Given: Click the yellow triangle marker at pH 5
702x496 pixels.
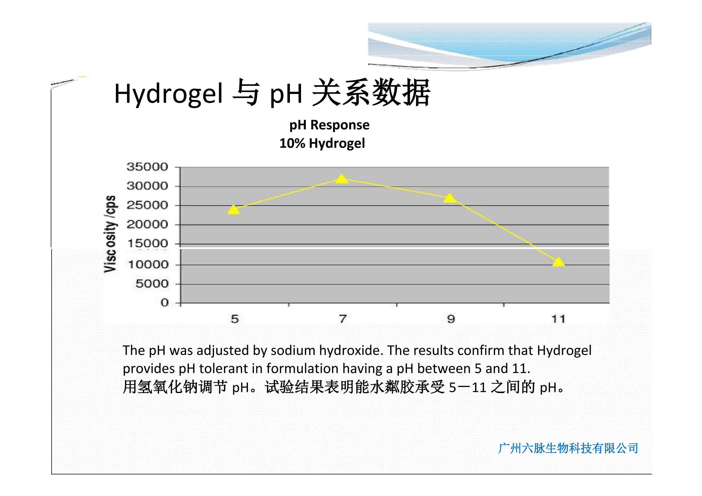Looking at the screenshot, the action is (233, 210).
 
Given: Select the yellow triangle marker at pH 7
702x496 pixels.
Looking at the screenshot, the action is (342, 179).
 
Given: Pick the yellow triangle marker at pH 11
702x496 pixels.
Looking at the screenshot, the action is (559, 262).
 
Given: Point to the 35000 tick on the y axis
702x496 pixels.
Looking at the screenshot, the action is (147, 167).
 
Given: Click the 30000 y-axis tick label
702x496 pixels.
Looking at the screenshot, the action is (147, 186).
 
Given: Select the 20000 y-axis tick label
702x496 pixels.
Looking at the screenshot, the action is (147, 225).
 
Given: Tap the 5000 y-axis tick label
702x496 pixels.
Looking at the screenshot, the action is (152, 284).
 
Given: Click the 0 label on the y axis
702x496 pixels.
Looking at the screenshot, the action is (165, 303).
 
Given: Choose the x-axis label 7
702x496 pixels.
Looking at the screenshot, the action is (343, 319).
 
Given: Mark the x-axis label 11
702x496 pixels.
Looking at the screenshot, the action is (558, 319).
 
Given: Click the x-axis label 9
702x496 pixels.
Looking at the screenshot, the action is (451, 319).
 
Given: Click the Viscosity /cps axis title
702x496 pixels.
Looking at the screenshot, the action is (110, 234).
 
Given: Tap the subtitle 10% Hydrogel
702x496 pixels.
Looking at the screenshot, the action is (322, 144).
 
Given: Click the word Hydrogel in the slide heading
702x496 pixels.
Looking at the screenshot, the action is (168, 94).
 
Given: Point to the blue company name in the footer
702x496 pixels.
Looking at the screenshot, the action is (568, 448).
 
